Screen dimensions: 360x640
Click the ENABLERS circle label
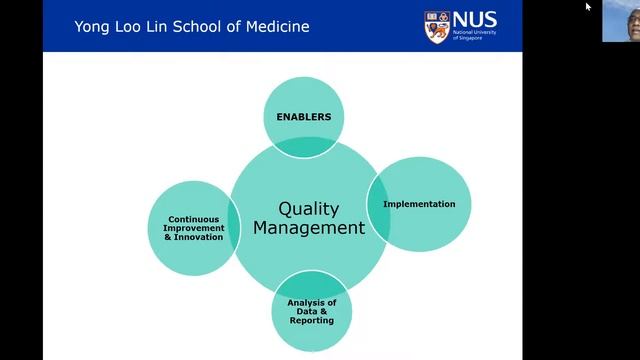303,117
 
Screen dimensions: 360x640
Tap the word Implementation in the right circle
419,204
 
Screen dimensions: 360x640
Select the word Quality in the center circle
309,209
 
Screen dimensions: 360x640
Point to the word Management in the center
309,228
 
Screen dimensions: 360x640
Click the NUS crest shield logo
437,25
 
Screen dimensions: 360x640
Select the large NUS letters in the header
475,19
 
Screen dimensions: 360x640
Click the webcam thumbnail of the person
620,21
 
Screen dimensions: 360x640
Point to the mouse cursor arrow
588,6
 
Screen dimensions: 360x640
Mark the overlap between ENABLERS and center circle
304,148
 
